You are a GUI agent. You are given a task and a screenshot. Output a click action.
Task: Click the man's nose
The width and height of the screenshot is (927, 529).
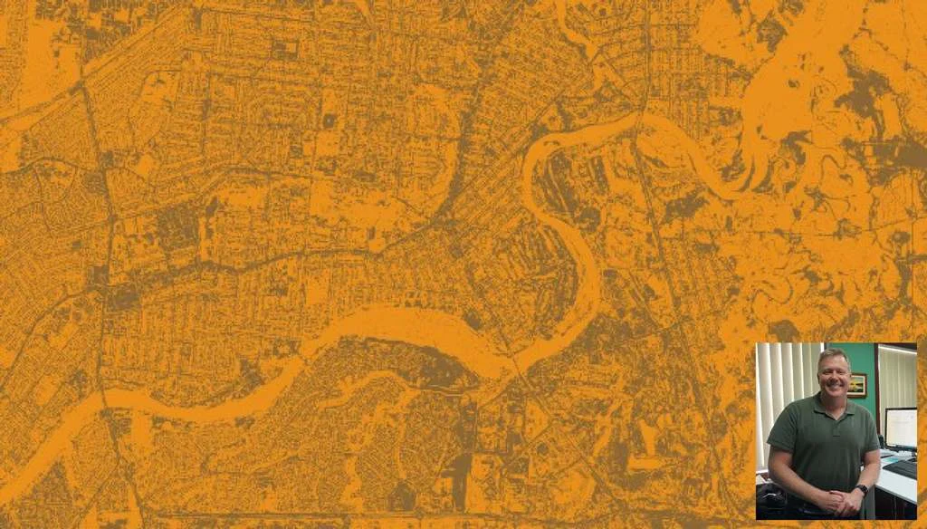[x=832, y=373]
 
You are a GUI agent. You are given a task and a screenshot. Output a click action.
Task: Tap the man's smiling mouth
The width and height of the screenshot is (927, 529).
[x=832, y=382]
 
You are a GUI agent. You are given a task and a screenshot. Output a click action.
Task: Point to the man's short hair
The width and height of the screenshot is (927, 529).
[x=831, y=353]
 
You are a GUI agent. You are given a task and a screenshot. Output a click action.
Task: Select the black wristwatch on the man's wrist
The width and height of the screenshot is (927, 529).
[x=862, y=490]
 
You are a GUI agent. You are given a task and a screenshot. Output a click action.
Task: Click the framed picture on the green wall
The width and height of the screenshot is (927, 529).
[x=857, y=385]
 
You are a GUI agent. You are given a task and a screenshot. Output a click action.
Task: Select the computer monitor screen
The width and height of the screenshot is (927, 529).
[x=902, y=428]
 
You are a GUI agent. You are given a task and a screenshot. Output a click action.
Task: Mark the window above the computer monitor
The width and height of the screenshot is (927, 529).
[x=896, y=376]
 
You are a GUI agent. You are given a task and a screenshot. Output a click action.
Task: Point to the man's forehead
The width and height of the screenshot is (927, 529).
[x=832, y=361]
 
